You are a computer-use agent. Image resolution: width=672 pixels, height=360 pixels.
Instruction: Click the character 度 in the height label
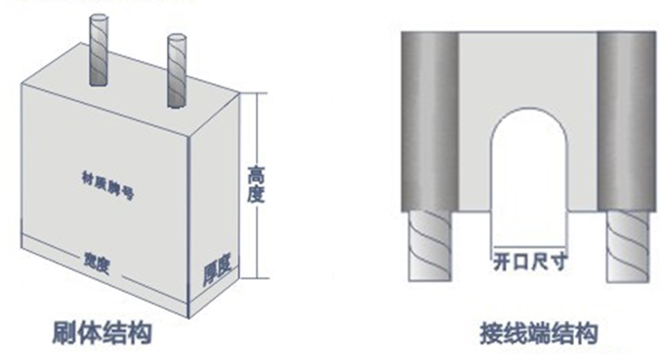(255, 196)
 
